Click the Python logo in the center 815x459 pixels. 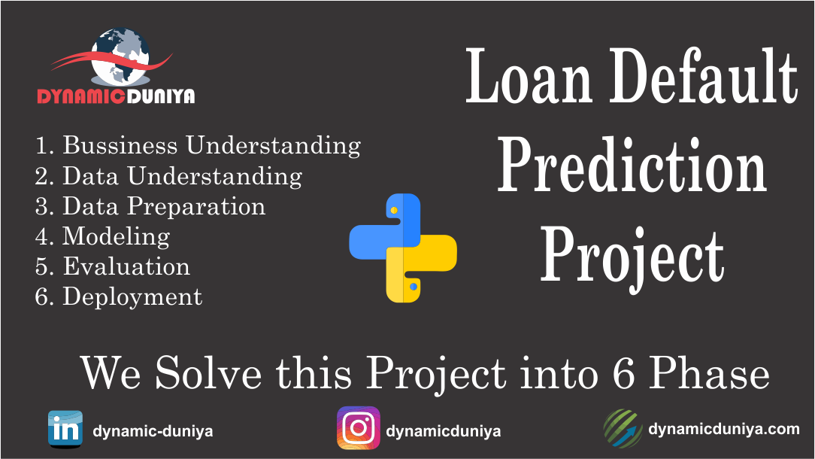pyautogui.click(x=403, y=248)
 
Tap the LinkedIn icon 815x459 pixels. pyautogui.click(x=65, y=429)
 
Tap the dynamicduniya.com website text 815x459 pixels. pyautogui.click(x=723, y=429)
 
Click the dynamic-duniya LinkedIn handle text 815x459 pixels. pyautogui.click(x=153, y=432)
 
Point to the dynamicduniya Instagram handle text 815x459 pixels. pyautogui.click(x=443, y=432)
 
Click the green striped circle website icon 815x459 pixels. pyautogui.click(x=623, y=429)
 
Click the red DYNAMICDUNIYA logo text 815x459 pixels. pyautogui.click(x=117, y=96)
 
